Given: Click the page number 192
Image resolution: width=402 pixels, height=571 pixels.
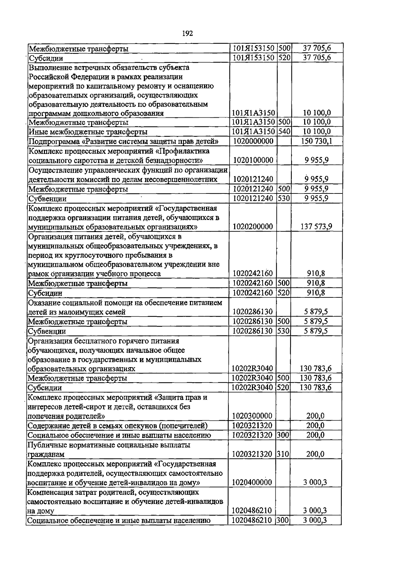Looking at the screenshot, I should click(188, 33).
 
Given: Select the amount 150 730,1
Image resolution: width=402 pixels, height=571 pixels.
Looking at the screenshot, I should click(316, 141).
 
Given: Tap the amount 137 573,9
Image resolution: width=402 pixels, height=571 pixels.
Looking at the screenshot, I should click(316, 227).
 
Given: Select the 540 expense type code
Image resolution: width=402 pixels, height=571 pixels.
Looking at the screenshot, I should click(284, 132).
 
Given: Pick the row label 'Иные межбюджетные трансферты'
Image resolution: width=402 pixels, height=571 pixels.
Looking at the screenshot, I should click(88, 132).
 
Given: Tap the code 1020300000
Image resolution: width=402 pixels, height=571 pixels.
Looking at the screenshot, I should click(252, 416).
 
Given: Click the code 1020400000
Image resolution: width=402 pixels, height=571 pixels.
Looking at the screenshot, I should click(252, 482).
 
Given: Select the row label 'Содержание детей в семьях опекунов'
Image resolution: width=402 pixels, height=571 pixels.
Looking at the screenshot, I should click(118, 426).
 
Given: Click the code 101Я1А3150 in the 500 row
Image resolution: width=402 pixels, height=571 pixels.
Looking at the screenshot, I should click(254, 122).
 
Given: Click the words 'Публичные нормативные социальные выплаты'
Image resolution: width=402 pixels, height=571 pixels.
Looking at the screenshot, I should click(109, 445).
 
